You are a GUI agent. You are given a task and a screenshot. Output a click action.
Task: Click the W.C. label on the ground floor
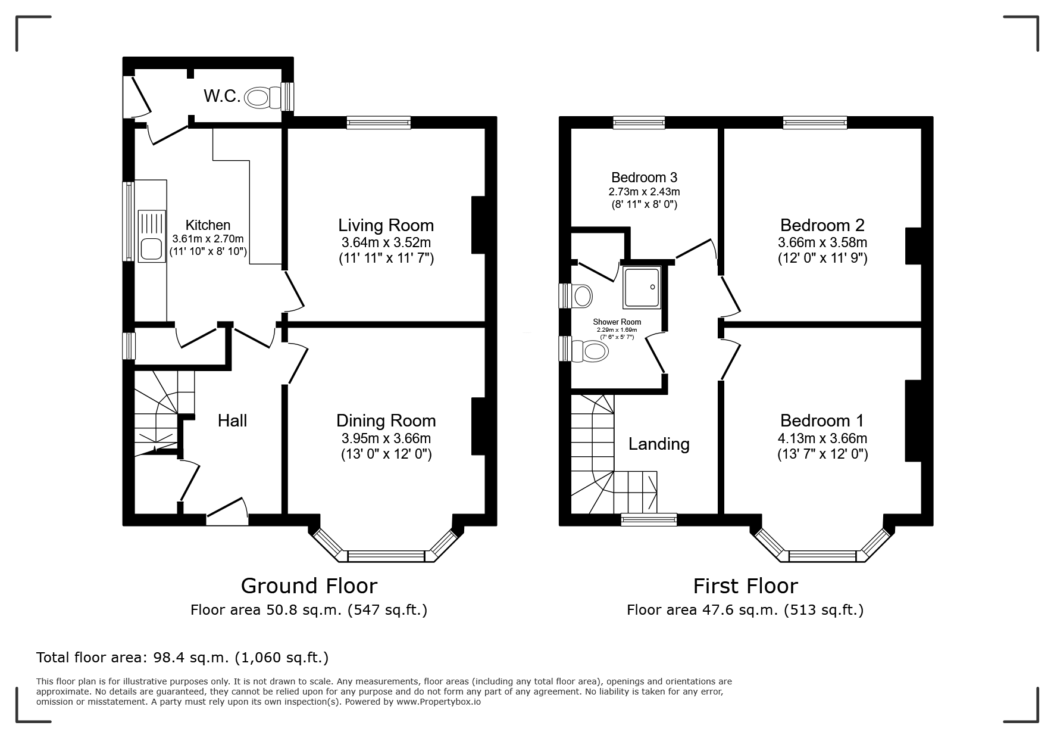[x=222, y=96]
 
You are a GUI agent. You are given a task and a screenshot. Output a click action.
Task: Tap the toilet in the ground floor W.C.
[x=262, y=97]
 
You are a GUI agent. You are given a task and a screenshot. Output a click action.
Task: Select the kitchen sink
[x=152, y=236]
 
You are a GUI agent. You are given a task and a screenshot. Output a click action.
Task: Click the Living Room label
[x=386, y=225]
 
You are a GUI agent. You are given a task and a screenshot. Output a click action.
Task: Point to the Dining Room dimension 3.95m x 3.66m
[x=386, y=438]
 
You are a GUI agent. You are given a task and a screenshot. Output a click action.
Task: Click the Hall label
[x=232, y=421]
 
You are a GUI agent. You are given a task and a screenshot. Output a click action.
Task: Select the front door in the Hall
[x=227, y=512]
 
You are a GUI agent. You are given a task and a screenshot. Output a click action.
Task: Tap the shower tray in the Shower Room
[x=642, y=288]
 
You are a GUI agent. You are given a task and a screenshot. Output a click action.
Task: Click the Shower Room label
[x=617, y=322]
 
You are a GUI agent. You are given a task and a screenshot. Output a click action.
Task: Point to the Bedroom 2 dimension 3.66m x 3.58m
[x=822, y=243]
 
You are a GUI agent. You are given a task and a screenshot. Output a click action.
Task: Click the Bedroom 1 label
[x=822, y=421]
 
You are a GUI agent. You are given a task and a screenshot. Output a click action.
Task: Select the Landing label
[x=659, y=444]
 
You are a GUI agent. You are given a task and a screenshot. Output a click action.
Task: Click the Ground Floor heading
[x=309, y=586]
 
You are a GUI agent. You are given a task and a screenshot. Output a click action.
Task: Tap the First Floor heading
[x=745, y=586]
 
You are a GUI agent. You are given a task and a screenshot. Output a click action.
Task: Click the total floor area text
[x=183, y=658]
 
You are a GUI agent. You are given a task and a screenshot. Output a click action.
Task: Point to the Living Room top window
[x=379, y=123]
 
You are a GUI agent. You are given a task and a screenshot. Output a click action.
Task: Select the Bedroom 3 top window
[x=639, y=123]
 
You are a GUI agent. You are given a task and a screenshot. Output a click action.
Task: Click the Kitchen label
[x=208, y=225]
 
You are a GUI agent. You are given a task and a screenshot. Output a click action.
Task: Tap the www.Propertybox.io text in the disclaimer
[x=439, y=702]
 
